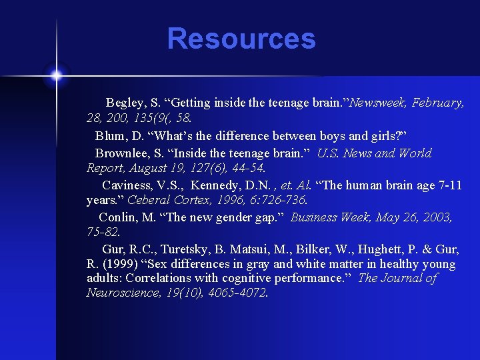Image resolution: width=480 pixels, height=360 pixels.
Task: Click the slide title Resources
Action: [241, 39]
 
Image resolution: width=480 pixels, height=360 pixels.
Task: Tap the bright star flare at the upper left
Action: [56, 75]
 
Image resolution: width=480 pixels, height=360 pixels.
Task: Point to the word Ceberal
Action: [149, 201]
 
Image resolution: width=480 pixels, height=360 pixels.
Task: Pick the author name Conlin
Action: [119, 217]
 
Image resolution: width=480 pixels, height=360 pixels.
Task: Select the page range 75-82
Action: [103, 233]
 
